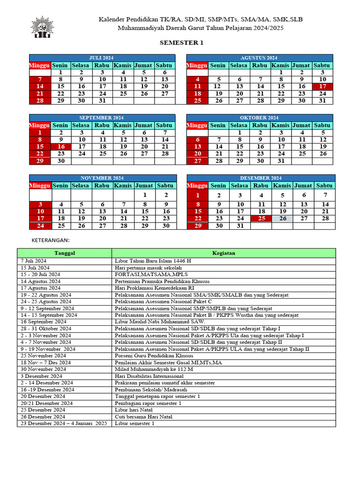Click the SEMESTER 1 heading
click(x=181, y=43)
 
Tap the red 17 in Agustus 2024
click(x=322, y=86)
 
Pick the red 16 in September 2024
click(x=61, y=147)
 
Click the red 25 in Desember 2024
click(x=262, y=218)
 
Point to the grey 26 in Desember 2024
click(x=283, y=218)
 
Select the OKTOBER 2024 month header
click(x=259, y=118)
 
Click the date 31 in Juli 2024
click(x=102, y=100)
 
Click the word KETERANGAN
click(x=50, y=240)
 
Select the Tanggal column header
click(x=65, y=253)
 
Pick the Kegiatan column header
click(x=224, y=253)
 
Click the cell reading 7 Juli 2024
click(x=34, y=261)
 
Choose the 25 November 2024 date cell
click(x=44, y=356)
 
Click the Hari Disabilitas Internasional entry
click(x=149, y=376)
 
